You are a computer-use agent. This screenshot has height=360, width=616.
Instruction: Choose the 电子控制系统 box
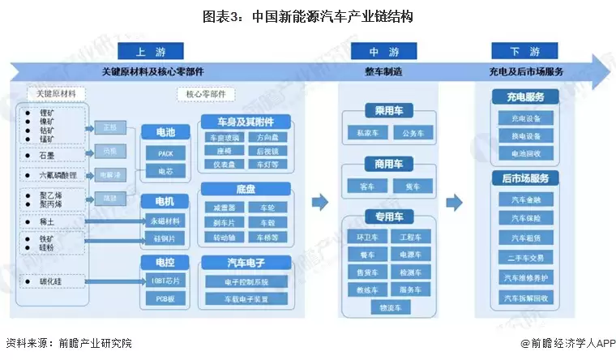click(x=245, y=281)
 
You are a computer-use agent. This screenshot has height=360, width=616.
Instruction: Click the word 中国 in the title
click(x=253, y=17)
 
